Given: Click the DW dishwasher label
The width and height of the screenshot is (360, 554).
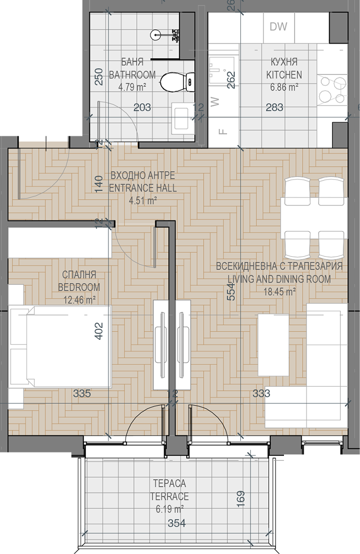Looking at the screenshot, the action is point(279,26).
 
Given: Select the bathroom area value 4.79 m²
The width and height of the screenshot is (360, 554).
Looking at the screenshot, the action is point(132,87).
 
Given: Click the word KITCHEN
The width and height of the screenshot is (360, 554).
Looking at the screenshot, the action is point(284,75).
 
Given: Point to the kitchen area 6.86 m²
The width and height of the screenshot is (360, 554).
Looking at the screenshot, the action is point(284,87).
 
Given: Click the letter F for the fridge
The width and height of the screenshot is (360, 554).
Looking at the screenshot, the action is point(222,132).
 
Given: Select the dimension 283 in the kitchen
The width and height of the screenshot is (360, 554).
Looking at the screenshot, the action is point(275,107).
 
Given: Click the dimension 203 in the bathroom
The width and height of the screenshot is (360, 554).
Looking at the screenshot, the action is point(142,107).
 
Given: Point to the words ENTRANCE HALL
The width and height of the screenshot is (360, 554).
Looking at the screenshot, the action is point(143,188).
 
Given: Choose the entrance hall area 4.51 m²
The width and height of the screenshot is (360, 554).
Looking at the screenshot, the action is point(143,201).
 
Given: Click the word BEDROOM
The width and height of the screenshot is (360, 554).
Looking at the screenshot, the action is point(79,287).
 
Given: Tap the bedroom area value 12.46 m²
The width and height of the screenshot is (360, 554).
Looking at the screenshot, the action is point(79,300).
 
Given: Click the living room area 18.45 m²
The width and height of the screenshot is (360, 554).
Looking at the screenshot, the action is point(280,292).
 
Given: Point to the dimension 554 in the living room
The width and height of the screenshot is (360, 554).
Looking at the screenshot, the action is point(231,292).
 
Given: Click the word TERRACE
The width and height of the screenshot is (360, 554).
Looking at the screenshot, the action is point(170,496).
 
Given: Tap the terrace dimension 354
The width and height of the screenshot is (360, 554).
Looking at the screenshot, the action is point(177,523).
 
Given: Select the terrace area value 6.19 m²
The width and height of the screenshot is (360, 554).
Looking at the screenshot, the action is point(170,509).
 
